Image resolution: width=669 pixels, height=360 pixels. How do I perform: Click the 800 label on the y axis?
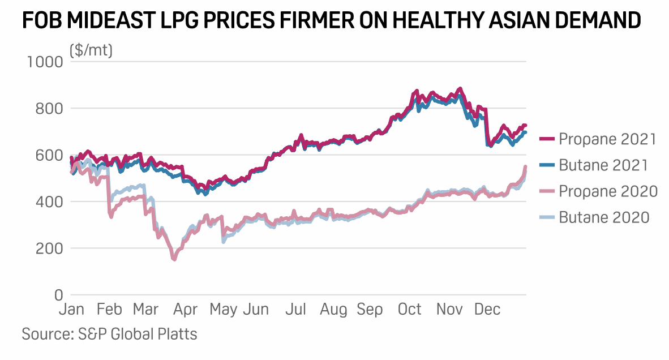[49, 108]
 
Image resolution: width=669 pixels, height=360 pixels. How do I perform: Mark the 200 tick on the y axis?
[49, 248]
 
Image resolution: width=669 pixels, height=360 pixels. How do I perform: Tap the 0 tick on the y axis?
[58, 295]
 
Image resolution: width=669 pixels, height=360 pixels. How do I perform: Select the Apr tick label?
[185, 310]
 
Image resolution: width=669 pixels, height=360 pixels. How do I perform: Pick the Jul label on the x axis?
[296, 310]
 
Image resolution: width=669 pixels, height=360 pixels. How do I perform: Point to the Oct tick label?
[409, 310]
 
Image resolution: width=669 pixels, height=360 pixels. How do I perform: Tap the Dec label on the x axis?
[487, 310]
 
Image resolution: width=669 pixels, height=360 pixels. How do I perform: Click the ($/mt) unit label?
[91, 50]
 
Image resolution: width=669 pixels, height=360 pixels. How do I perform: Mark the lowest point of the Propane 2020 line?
[174, 260]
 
